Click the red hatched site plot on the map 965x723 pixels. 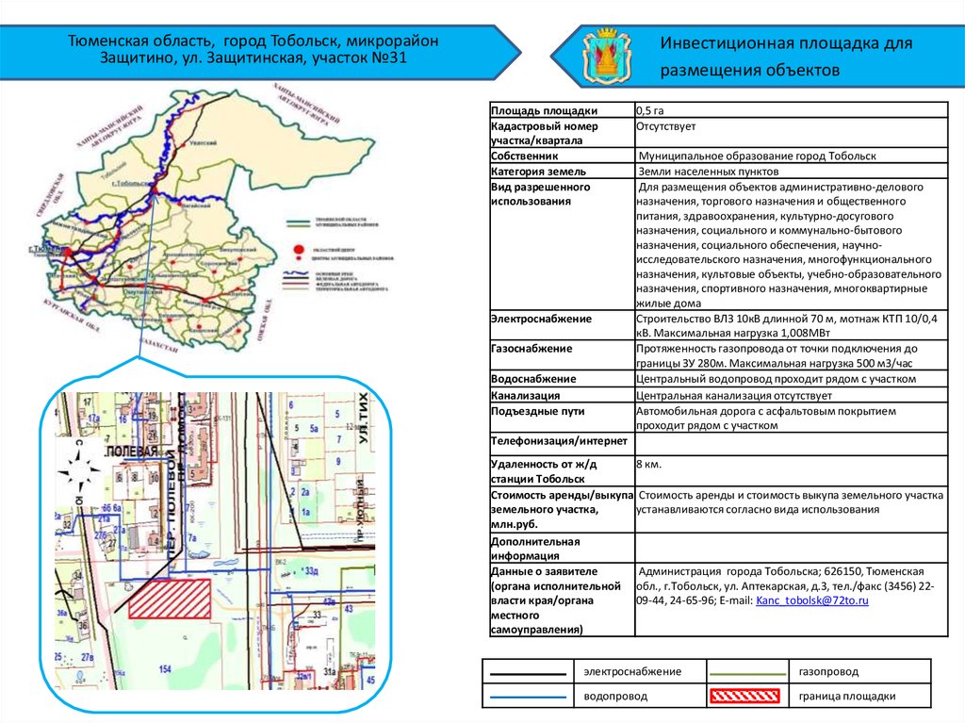click(x=169, y=599)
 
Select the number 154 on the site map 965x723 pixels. click(x=166, y=668)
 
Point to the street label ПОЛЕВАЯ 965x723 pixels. click(x=132, y=453)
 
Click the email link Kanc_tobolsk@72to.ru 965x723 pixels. click(x=811, y=600)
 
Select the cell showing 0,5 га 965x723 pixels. click(x=657, y=110)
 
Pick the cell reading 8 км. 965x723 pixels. click(x=649, y=465)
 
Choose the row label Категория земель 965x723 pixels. click(x=538, y=172)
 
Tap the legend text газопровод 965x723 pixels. click(x=828, y=671)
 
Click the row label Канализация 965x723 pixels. click(x=526, y=396)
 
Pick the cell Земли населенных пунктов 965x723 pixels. click(x=709, y=172)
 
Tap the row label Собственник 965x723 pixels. click(x=525, y=156)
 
